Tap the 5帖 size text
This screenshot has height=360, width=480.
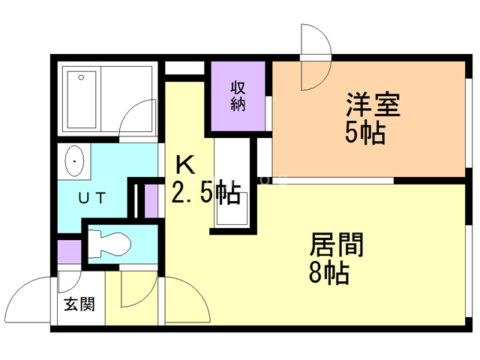coord(365,133)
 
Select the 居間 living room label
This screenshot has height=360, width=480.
coord(337,245)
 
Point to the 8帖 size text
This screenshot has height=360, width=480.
coord(329,274)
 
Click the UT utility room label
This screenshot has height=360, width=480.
coord(93,198)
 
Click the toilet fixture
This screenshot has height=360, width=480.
coord(109,242)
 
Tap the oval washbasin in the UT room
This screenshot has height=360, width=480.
coord(76,160)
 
